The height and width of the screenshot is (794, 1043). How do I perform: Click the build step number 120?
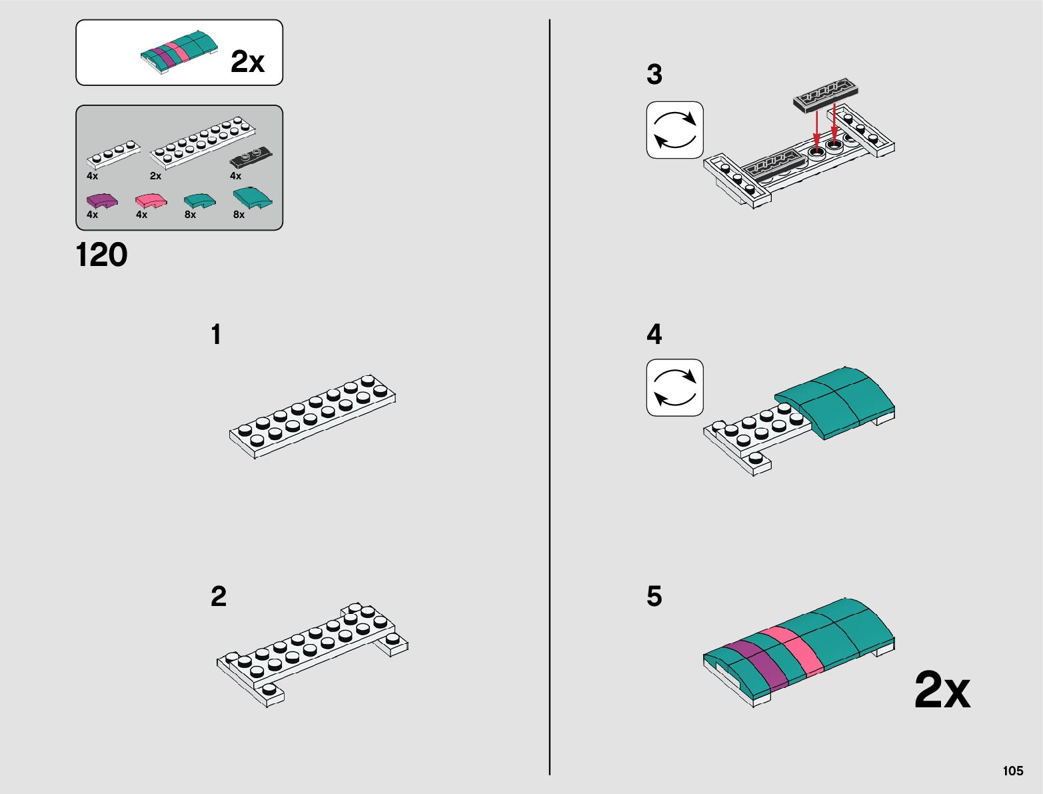101,255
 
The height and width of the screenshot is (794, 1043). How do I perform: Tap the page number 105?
1012,771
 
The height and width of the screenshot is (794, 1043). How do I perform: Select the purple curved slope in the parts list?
101,200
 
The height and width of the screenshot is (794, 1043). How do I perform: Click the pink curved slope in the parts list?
151,200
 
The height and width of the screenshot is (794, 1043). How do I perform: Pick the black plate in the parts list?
251,157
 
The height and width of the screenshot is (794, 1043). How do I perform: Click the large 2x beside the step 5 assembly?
942,690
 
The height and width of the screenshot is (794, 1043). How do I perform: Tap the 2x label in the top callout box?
247,61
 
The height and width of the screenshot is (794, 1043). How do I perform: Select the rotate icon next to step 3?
674,130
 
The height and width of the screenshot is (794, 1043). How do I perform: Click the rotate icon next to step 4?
674,387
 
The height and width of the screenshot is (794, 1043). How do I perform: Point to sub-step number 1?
216,335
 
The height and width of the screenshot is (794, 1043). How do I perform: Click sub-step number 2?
219,597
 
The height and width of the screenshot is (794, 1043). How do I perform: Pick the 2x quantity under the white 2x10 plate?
155,176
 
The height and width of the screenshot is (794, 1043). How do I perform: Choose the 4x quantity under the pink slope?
141,215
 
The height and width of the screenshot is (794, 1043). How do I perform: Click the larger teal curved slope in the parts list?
252,198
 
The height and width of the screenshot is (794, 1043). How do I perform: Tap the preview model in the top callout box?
179,51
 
